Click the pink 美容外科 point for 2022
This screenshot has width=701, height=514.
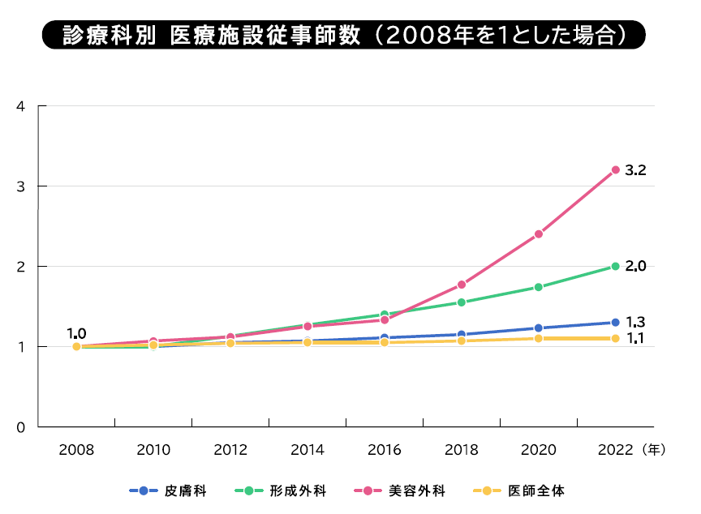(615, 169)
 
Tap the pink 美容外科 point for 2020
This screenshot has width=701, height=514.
(538, 234)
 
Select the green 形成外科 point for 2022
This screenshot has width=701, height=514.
(615, 266)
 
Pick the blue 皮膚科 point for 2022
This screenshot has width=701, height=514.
(615, 323)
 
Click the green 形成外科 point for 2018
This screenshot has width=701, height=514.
(461, 302)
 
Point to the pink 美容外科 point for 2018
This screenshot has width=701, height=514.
(461, 285)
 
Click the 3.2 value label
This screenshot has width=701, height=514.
(636, 170)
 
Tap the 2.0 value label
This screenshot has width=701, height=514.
(636, 266)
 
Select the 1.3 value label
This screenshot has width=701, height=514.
(636, 322)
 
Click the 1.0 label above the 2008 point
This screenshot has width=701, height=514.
(76, 332)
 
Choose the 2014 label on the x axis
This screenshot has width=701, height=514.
(307, 449)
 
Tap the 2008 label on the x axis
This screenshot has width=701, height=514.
(76, 449)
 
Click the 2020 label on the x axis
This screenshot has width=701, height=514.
(538, 449)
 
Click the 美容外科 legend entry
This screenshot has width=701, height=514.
(405, 490)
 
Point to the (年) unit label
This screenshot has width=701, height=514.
(652, 449)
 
